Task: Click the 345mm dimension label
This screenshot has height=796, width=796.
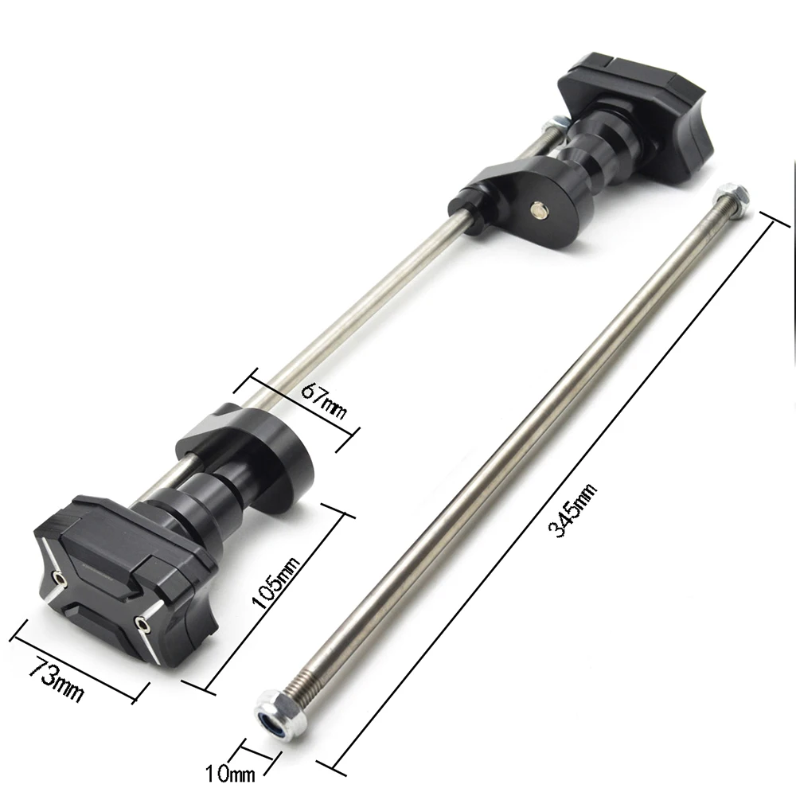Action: point(572,511)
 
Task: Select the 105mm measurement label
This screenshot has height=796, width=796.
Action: point(277,583)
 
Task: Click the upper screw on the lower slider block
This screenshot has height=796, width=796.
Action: point(59,576)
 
